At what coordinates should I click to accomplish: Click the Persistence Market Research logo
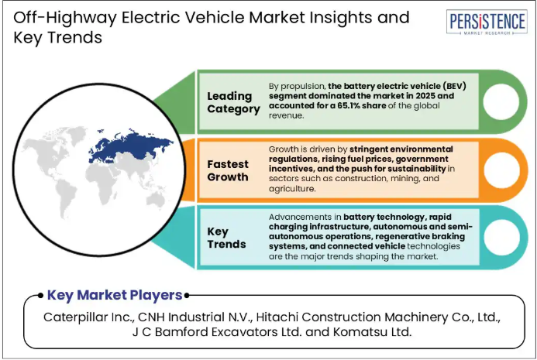tap(487, 22)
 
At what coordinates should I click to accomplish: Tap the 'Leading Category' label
tap(233, 102)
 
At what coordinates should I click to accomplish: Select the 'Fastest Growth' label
tap(228, 170)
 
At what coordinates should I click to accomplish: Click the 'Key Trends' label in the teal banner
tap(226, 238)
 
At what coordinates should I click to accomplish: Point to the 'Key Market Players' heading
tap(115, 295)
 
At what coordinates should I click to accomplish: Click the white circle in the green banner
tap(501, 101)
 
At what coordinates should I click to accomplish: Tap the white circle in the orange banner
tap(501, 170)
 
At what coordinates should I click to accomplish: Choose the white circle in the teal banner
tap(501, 238)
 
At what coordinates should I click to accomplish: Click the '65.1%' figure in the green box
tap(348, 105)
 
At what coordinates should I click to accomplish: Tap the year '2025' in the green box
tap(425, 96)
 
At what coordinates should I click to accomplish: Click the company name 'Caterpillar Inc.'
tap(88, 317)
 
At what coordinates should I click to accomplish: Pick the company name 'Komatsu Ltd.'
tap(372, 332)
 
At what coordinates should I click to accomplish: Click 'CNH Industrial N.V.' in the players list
tap(194, 317)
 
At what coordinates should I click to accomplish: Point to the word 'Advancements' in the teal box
tap(295, 217)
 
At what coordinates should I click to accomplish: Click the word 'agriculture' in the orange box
tap(291, 189)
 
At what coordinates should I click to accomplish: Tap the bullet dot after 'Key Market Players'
tap(187, 295)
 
